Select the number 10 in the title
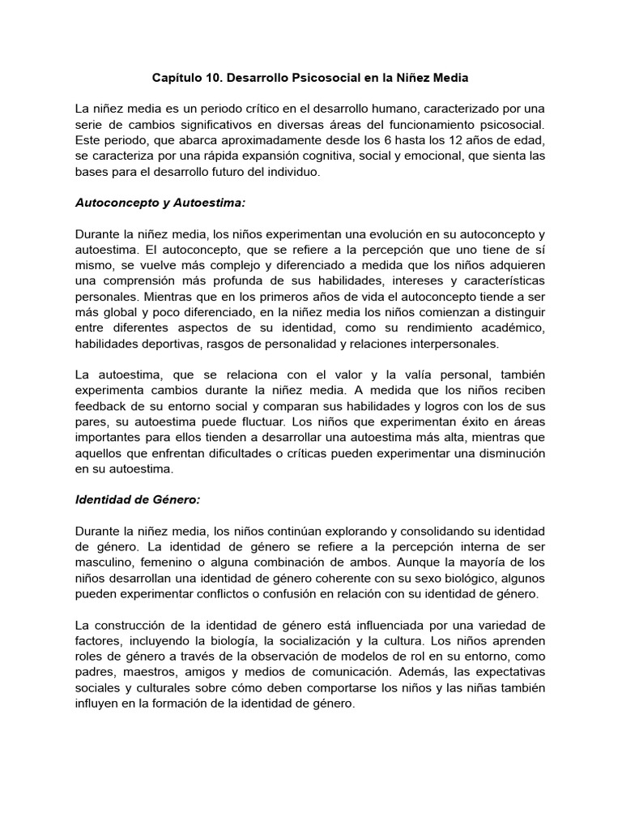(x=216, y=79)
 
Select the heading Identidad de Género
(x=137, y=499)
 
